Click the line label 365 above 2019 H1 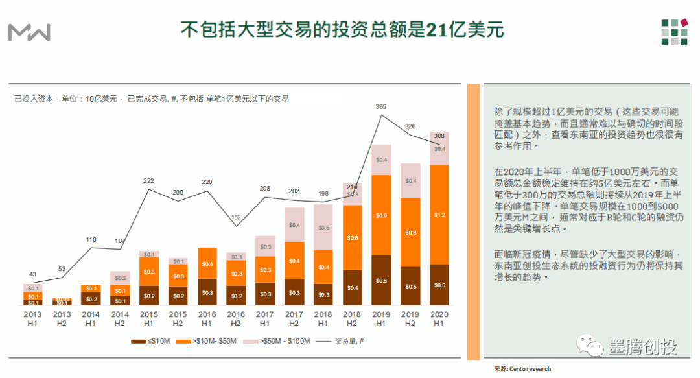[381, 106]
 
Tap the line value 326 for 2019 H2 [410, 126]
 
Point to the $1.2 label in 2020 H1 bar [440, 215]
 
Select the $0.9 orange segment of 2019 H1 [381, 215]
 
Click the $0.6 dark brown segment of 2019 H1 [381, 280]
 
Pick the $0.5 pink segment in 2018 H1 [323, 228]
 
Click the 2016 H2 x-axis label [236, 319]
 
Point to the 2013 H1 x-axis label [32, 319]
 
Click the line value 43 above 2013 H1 [32, 274]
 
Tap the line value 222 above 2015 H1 [148, 181]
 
